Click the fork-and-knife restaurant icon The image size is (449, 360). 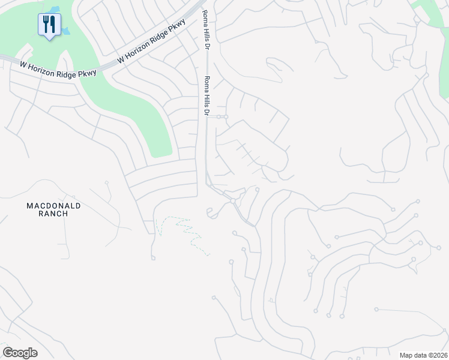click(x=49, y=25)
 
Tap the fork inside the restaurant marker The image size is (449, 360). click(x=46, y=24)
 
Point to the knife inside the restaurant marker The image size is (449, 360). click(x=53, y=24)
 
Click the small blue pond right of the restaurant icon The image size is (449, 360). click(x=65, y=31)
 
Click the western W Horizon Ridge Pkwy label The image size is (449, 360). click(x=58, y=68)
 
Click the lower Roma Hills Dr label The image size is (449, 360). click(x=207, y=96)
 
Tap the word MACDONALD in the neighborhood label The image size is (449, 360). click(x=53, y=206)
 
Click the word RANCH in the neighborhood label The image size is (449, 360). click(x=53, y=214)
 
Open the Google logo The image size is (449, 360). click(x=20, y=353)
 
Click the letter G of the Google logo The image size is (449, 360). click(x=8, y=353)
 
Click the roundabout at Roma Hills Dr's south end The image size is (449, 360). click(x=232, y=201)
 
